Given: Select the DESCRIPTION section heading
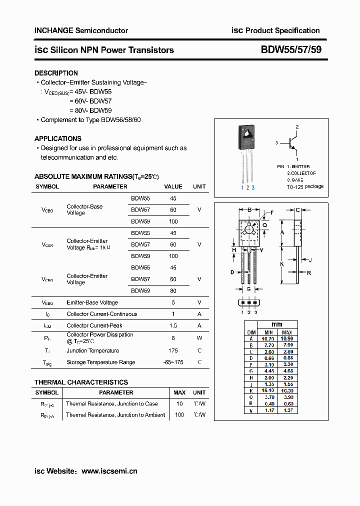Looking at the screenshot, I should tap(56, 73).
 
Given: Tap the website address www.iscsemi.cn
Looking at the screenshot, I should tap(109, 471).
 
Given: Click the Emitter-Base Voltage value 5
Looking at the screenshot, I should tap(173, 302).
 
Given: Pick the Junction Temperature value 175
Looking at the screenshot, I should tap(173, 350).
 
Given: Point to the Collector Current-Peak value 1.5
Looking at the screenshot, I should tap(173, 325).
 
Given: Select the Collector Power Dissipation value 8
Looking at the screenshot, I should tap(173, 337).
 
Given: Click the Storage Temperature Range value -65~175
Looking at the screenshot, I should tap(173, 362).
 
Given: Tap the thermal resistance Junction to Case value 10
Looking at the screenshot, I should tap(179, 403).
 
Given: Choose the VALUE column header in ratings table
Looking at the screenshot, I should tap(173, 186).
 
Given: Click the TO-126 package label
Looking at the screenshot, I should tap(305, 186).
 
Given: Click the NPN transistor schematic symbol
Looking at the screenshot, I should tap(292, 143).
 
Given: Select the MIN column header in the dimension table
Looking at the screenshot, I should tap(268, 332).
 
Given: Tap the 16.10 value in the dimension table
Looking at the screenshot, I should tap(268, 390).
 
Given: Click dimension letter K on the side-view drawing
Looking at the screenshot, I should tap(282, 264).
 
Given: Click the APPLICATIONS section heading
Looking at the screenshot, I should tap(58, 138).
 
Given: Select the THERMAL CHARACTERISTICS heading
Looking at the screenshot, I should tap(81, 382).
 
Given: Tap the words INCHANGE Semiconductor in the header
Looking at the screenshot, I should tap(81, 30).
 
